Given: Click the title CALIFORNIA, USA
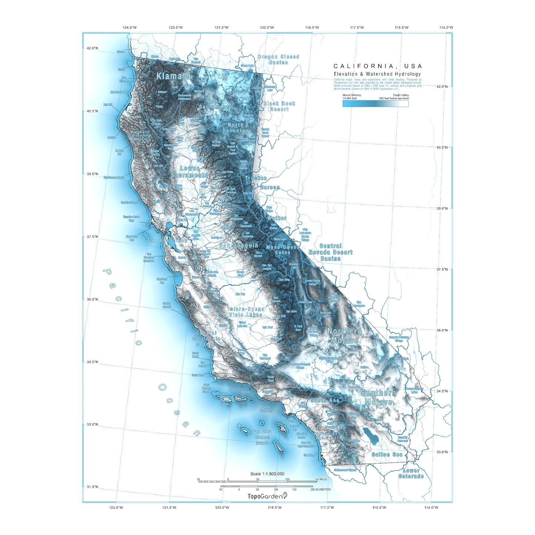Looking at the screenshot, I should [378, 66].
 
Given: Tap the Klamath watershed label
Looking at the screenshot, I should [173, 76].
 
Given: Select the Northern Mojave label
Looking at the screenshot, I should [345, 336].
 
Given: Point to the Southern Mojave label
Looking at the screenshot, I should [378, 398].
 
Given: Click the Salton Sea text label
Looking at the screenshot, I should [387, 454].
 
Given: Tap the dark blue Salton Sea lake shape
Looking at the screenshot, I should [371, 436].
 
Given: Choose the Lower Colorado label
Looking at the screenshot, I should [411, 474].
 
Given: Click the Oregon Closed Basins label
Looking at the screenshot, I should [278, 60].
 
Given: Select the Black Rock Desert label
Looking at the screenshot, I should [280, 106].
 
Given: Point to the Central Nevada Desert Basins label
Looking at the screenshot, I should [331, 252].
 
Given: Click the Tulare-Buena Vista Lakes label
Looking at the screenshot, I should [246, 312].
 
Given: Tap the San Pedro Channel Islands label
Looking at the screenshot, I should [262, 437].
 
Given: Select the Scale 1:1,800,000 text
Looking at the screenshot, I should [267, 474].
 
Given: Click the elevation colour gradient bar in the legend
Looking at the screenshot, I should [375, 104].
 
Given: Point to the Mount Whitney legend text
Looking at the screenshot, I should [352, 97].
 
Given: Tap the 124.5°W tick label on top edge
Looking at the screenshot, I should [130, 28].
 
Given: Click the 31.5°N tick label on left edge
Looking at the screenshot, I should [92, 487].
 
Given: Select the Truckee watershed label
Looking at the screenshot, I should [256, 178].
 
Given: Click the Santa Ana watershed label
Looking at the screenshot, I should [325, 400].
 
